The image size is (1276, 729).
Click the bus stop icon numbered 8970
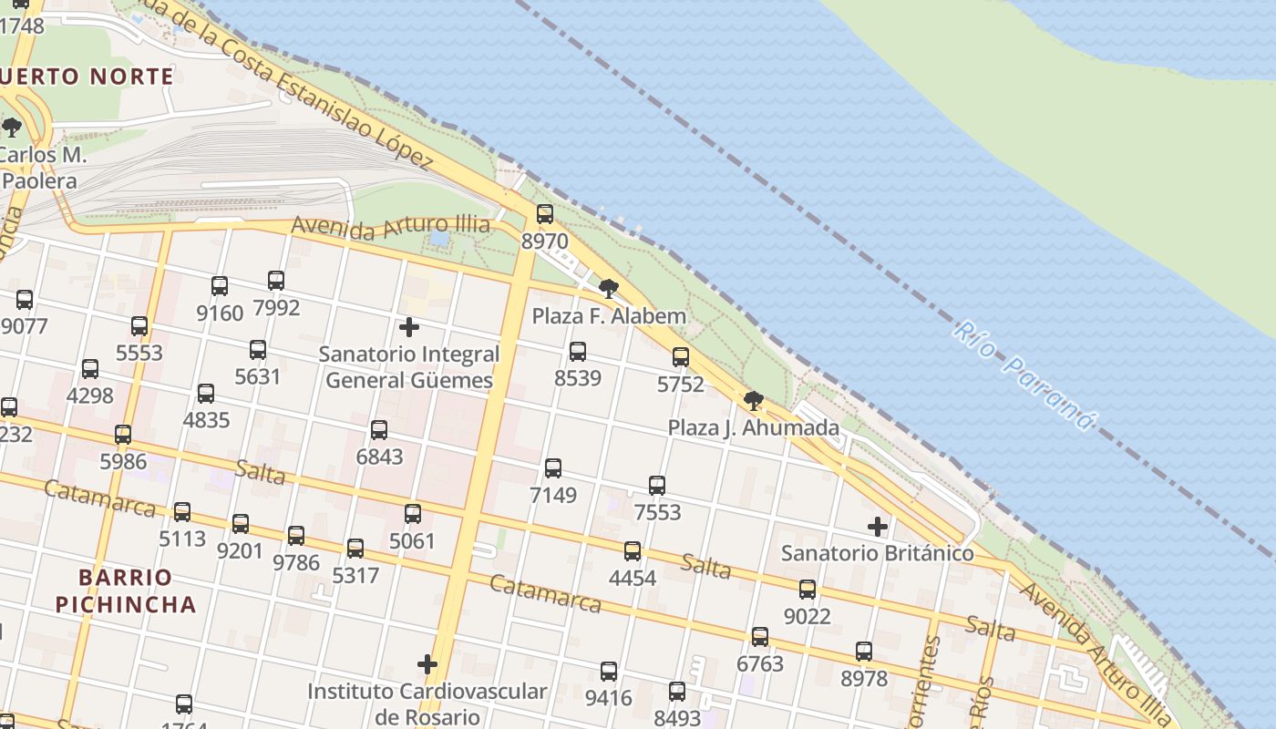[545, 214]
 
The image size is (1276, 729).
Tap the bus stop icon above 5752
[681, 357]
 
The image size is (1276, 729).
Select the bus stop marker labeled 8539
[578, 352]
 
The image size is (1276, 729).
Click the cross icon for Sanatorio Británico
[878, 527]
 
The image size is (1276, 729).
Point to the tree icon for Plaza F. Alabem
[609, 290]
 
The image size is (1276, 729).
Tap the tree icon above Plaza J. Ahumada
[754, 401]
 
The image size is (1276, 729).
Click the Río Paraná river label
[1023, 374]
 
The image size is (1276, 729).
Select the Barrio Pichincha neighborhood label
[126, 590]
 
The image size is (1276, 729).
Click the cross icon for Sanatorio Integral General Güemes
[409, 326]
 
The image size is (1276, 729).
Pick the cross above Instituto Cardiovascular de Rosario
[427, 664]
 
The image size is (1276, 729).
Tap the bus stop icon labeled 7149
[553, 468]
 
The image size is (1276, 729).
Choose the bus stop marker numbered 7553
[657, 486]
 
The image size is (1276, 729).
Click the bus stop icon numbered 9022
[808, 590]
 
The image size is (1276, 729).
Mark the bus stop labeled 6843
[379, 430]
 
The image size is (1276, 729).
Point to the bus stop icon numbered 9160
[220, 286]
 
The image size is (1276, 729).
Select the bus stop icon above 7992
[276, 281]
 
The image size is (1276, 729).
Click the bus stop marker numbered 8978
[864, 652]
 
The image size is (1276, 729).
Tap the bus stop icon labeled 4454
[633, 551]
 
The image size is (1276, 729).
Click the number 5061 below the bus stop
[413, 541]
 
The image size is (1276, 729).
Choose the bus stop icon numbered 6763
[760, 637]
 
